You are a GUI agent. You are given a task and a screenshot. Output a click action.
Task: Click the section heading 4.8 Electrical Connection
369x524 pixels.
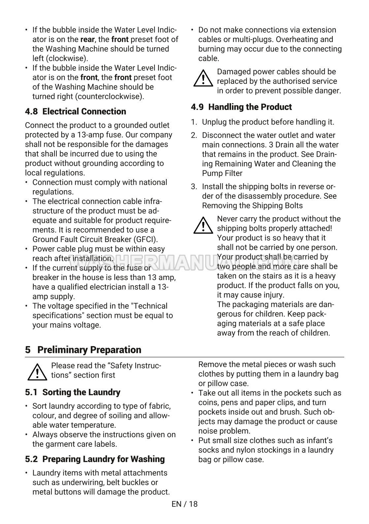click(76, 112)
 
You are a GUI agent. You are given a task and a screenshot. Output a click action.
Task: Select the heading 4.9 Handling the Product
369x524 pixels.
click(241, 107)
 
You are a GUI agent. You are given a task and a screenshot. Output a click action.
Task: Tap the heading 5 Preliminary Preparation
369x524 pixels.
click(83, 350)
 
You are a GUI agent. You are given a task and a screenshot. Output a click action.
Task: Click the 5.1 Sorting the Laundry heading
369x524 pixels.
click(73, 392)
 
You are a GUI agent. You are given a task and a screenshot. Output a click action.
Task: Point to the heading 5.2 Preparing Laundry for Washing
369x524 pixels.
click(95, 459)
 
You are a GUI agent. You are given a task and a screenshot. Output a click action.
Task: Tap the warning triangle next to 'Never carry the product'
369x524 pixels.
click(203, 226)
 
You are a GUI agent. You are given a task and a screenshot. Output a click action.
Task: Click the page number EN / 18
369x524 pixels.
click(184, 504)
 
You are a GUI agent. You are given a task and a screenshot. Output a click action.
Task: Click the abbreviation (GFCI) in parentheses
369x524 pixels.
click(146, 240)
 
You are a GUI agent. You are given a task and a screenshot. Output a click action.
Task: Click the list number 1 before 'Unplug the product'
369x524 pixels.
click(194, 122)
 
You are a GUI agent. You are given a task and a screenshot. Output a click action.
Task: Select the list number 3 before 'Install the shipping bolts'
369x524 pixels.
click(194, 187)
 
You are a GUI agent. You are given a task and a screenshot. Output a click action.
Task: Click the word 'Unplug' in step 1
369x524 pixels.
click(214, 122)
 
